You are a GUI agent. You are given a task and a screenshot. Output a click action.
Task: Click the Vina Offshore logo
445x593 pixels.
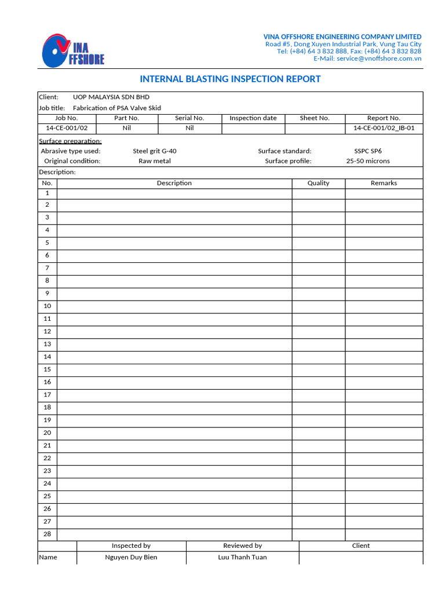coord(73,50)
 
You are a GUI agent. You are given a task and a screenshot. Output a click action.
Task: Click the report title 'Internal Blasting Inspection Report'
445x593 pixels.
coord(230,79)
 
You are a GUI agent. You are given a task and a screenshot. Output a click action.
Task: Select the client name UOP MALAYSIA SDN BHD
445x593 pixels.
coord(111,97)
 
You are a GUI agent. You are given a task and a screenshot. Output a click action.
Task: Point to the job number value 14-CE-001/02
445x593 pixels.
coord(67,129)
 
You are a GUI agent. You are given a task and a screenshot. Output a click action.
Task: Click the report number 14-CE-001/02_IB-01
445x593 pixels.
coord(384,129)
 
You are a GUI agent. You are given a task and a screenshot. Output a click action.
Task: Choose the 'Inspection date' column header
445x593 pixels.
coord(253,118)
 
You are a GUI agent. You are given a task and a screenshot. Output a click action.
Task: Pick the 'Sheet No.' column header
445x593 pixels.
coord(315,118)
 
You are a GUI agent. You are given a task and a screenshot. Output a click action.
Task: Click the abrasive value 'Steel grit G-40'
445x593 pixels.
coord(155,151)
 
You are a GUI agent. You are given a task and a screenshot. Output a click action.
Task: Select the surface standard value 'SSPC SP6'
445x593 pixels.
coord(364,151)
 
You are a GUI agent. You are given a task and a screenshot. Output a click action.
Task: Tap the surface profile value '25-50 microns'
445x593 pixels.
coord(368,161)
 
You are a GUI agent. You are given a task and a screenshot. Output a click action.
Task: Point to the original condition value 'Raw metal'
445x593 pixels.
coord(155,161)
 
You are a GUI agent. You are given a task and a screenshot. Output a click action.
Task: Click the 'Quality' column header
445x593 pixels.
coord(318,183)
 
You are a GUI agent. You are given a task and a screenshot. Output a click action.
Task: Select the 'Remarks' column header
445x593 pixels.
coord(384,183)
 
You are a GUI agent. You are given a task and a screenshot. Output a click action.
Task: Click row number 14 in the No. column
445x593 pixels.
coord(48,357)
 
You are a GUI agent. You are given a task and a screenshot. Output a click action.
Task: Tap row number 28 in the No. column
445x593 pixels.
coord(48,534)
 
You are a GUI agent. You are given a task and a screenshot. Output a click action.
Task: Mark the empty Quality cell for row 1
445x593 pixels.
coord(318,193)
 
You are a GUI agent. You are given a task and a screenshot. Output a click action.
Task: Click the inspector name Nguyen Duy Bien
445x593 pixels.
coord(131,557)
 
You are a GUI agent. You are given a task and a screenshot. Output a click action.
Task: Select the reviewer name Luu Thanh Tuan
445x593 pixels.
coord(242,557)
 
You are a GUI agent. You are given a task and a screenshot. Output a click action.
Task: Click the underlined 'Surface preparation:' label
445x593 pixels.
coord(70,141)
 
